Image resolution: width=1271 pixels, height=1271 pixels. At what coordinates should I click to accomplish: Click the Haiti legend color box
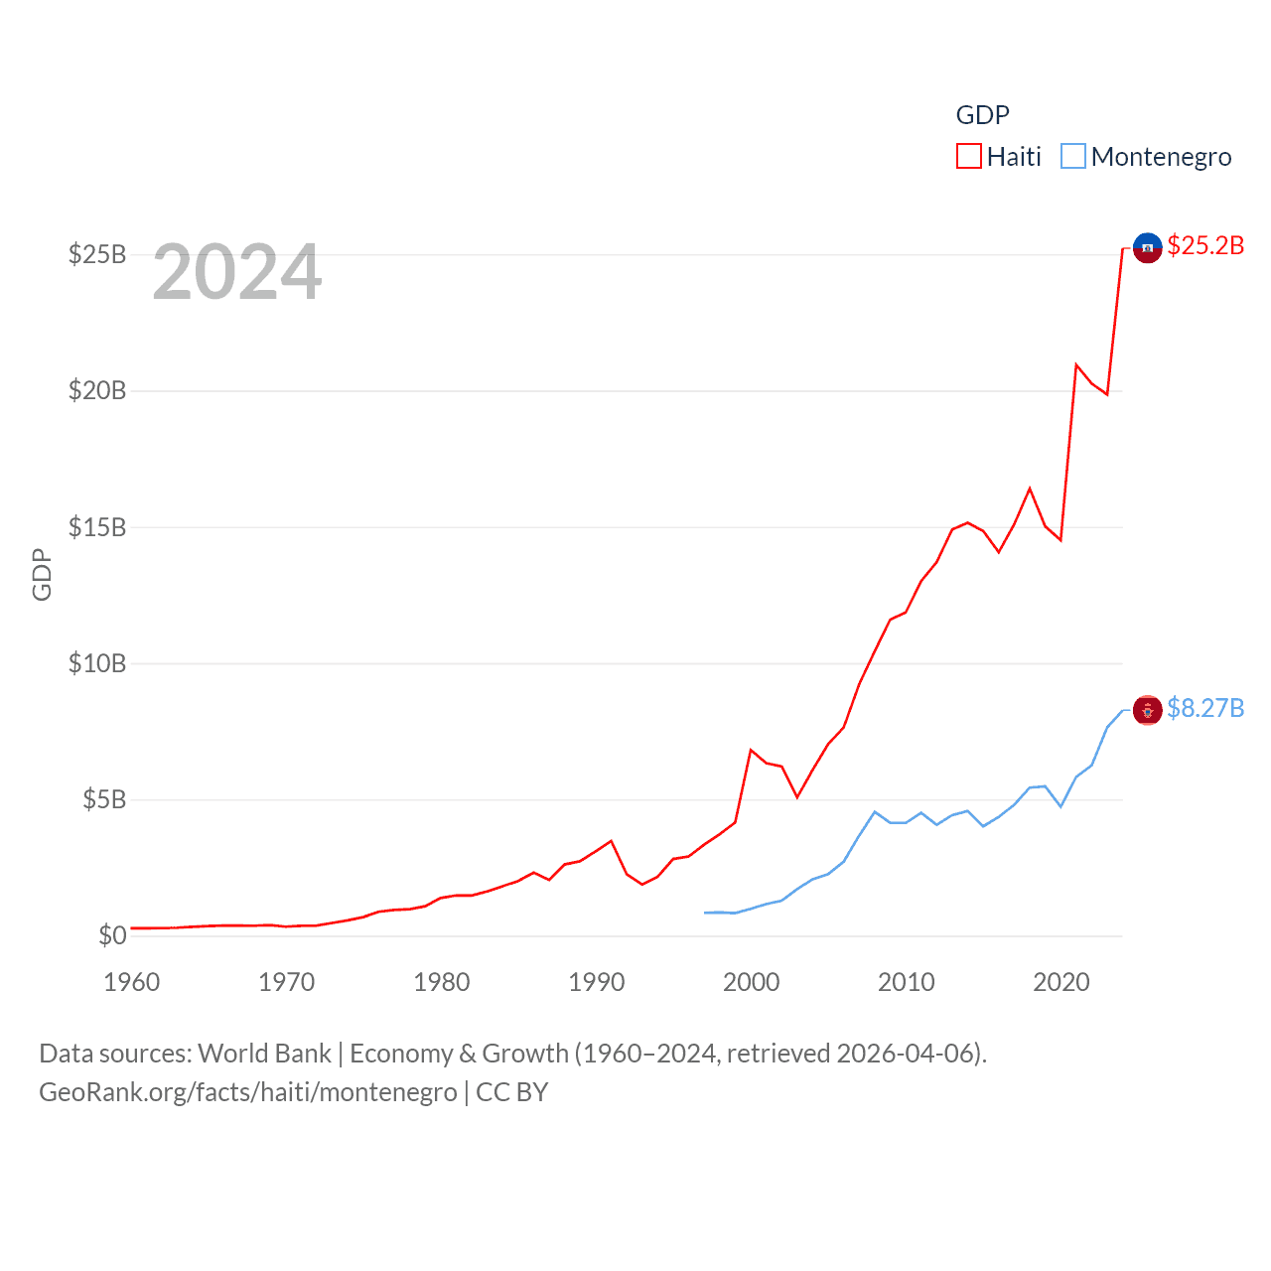(x=968, y=157)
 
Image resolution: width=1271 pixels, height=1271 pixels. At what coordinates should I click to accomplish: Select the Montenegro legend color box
(x=1073, y=157)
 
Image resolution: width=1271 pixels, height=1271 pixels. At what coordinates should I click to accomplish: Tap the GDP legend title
(x=982, y=115)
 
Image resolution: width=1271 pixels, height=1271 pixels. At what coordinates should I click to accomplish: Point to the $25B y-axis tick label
(x=97, y=254)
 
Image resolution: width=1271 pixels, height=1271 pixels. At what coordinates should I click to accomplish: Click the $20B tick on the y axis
(x=97, y=390)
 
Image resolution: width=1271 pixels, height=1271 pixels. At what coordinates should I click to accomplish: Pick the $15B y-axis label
(x=97, y=527)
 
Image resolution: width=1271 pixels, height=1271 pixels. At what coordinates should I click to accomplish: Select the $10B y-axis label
(x=97, y=663)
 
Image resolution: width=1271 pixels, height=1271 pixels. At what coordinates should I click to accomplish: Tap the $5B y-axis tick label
(x=104, y=799)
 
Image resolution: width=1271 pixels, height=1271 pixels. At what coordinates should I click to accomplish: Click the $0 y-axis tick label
(x=112, y=935)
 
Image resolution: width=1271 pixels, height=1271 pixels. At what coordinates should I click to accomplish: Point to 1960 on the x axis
(x=132, y=982)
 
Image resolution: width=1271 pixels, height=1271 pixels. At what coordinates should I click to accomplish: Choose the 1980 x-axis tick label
(x=442, y=982)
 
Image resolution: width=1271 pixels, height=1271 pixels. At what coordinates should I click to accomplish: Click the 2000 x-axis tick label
(x=752, y=982)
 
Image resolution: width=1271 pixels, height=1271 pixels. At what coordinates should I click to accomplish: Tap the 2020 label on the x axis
(x=1061, y=982)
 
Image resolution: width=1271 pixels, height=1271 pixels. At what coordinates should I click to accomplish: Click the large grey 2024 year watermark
(x=237, y=272)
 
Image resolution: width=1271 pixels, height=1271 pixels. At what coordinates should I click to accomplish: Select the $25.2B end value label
(x=1205, y=245)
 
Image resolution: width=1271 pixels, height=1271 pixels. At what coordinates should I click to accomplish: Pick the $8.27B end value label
(x=1205, y=708)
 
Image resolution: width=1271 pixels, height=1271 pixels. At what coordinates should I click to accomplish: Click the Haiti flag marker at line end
(x=1148, y=247)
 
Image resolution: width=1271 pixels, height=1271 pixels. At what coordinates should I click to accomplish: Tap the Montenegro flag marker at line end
(x=1148, y=710)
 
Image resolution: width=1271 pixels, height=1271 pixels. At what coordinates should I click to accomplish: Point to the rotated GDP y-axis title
(x=42, y=574)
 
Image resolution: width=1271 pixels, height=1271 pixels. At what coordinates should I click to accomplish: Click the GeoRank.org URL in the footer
(x=248, y=1092)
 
